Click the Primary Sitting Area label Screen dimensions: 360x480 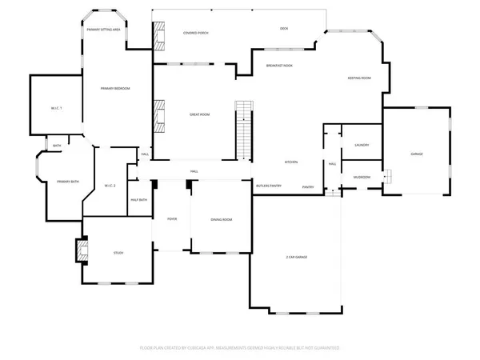point(104,28)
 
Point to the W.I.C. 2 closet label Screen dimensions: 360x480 point(110,186)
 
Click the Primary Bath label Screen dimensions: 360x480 point(68,182)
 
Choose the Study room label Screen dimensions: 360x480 point(118,254)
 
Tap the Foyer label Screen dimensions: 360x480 point(171,219)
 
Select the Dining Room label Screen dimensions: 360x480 point(221,219)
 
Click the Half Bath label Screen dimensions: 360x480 point(138,199)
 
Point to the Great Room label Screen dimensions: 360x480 point(199,115)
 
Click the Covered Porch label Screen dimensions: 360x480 point(196,33)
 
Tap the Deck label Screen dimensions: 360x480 point(284,28)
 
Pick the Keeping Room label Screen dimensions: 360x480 point(359,78)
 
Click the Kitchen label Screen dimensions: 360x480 point(292,162)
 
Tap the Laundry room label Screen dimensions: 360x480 point(361,145)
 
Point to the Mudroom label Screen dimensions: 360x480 point(362,178)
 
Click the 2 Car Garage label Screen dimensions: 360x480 point(297,257)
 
